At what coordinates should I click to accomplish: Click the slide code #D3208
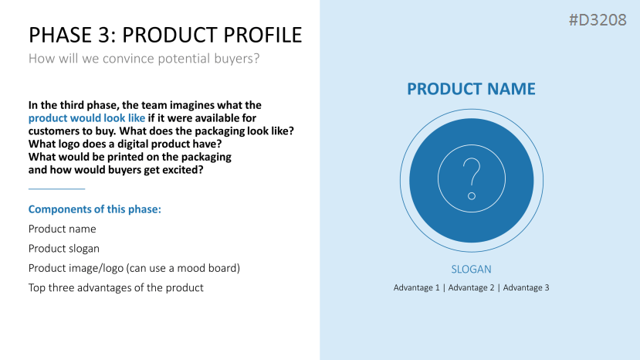(x=598, y=20)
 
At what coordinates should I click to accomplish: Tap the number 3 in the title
(x=103, y=35)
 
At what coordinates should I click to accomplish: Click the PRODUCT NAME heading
(x=471, y=89)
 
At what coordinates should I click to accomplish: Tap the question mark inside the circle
(x=472, y=178)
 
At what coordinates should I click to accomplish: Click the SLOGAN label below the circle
(x=471, y=270)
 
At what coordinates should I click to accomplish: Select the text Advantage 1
(x=416, y=287)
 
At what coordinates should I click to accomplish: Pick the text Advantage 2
(x=471, y=287)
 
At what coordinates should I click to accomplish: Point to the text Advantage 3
(x=526, y=287)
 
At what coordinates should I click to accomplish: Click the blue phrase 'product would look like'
(x=86, y=118)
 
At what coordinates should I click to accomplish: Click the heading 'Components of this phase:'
(x=95, y=209)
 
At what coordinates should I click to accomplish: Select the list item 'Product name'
(x=62, y=229)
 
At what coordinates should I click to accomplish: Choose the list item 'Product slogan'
(x=63, y=249)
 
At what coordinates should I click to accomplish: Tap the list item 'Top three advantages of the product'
(x=116, y=287)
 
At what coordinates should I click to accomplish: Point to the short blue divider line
(x=56, y=188)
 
